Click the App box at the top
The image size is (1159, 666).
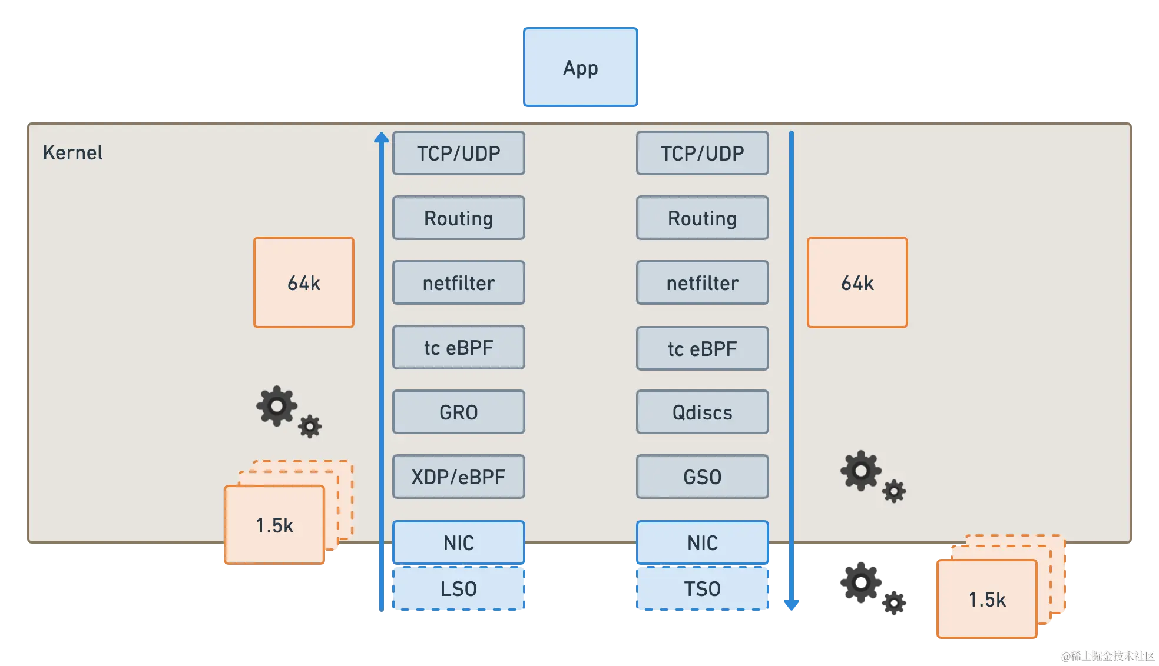581,66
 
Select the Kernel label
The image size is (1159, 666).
72,153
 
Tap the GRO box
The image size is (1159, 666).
458,412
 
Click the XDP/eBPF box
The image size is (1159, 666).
458,477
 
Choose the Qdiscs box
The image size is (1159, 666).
702,412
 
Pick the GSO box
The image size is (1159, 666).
702,477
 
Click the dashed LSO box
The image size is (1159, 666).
458,588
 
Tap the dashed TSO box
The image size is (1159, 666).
702,588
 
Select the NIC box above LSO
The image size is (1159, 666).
458,542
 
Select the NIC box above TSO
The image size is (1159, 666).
702,542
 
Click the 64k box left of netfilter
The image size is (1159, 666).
304,282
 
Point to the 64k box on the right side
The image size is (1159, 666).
857,282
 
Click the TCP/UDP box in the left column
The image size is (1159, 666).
458,153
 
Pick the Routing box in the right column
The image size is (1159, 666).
702,218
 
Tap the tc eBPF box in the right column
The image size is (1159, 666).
702,348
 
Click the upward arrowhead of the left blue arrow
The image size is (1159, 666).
382,138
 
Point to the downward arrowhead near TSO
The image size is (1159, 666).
791,604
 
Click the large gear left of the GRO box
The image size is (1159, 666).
276,405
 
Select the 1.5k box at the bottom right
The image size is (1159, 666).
986,599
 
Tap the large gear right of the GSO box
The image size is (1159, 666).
860,470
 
